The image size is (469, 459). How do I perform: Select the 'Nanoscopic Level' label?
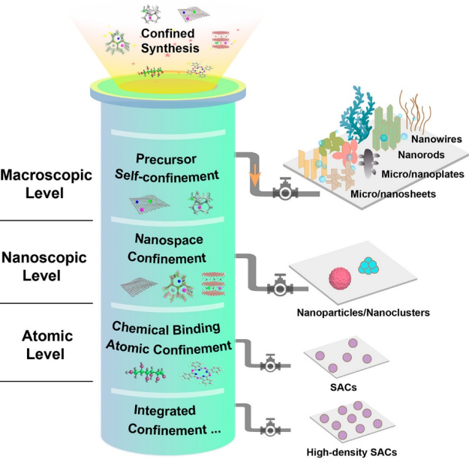pos(45,265)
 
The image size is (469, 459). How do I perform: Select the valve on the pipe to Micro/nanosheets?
pos(286,191)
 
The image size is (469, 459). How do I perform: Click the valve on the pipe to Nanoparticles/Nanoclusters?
pos(279,288)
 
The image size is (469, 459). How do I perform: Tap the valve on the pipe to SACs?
pos(269,365)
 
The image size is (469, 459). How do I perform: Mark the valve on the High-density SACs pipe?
pos(269,430)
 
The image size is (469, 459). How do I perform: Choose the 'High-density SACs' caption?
pos(352,451)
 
